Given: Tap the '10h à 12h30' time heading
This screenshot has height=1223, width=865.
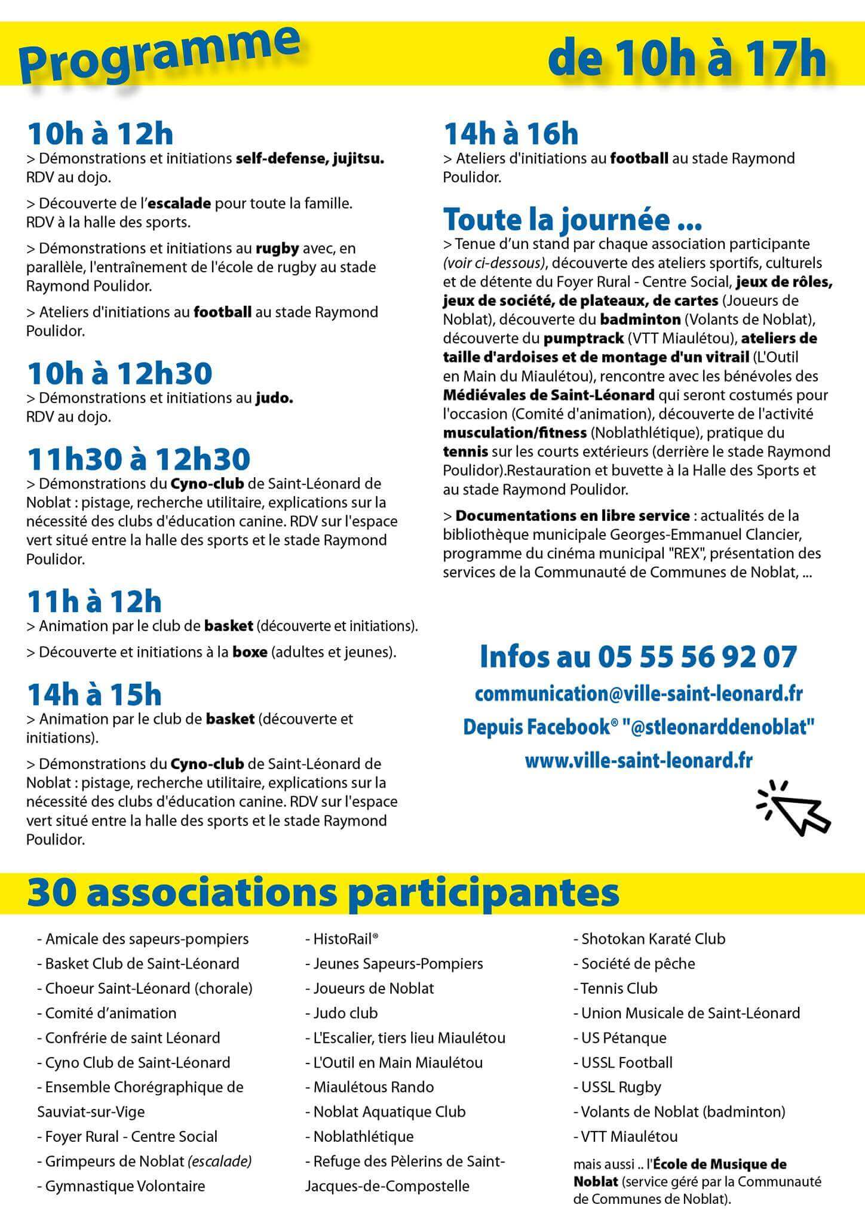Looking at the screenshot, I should pos(119,374).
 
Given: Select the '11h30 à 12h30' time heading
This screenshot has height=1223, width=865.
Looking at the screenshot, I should pos(139,459).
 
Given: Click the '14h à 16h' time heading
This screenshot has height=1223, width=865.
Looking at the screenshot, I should pos(511,134).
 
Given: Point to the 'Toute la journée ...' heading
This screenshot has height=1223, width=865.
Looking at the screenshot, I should pos(572,220).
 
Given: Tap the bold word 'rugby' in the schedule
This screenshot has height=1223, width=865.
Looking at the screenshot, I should pos(277,248).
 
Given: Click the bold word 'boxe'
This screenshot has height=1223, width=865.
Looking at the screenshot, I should pos(250,652).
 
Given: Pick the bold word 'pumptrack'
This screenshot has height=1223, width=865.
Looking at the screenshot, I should pos(582,339).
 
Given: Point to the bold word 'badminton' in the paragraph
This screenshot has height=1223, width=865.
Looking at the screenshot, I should pos(640,319).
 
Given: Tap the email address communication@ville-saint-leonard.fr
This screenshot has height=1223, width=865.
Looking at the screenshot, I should pos(638,694).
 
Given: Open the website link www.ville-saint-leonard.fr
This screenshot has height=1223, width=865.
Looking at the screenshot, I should pos(638,761).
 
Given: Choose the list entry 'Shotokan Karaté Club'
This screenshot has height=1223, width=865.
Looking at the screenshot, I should pos(652,939).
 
